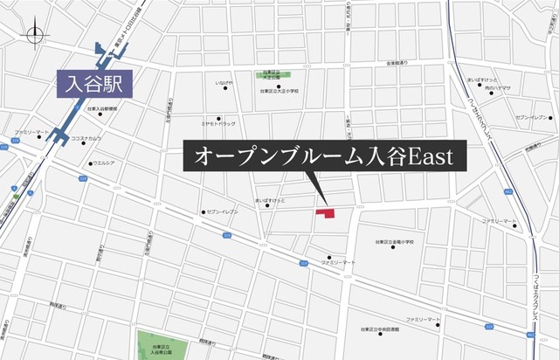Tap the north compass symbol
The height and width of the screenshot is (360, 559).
point(35,35)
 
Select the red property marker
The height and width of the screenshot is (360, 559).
point(325,212)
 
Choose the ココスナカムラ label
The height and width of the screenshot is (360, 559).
point(85,138)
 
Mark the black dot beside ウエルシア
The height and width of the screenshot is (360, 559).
point(90,163)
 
